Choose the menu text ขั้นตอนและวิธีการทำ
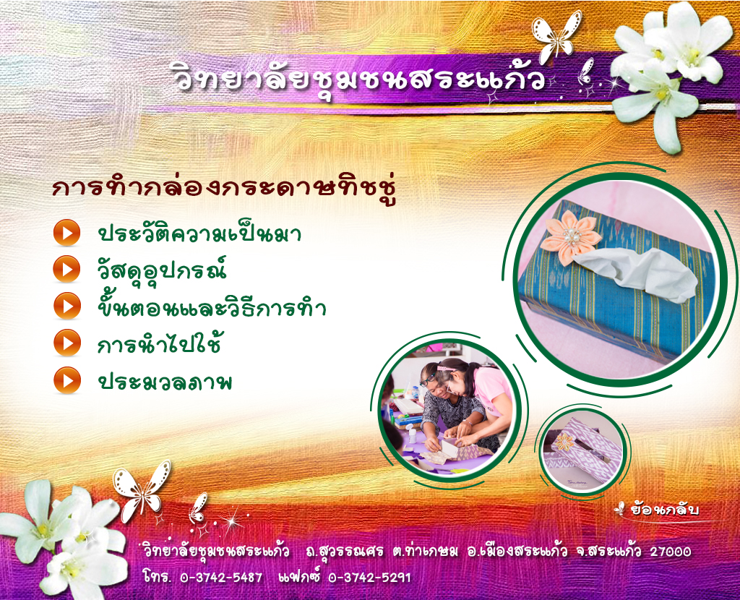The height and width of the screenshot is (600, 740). [x=212, y=306]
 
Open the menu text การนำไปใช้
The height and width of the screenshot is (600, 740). [x=159, y=343]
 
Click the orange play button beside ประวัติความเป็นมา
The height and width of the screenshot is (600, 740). [x=66, y=233]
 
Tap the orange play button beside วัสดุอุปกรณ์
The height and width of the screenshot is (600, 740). [x=66, y=269]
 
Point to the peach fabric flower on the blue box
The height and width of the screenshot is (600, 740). [x=570, y=236]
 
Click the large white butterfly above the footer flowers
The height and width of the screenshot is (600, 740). [x=142, y=490]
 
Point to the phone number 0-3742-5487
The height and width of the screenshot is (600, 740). [x=221, y=578]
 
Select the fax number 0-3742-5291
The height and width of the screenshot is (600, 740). [x=369, y=578]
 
